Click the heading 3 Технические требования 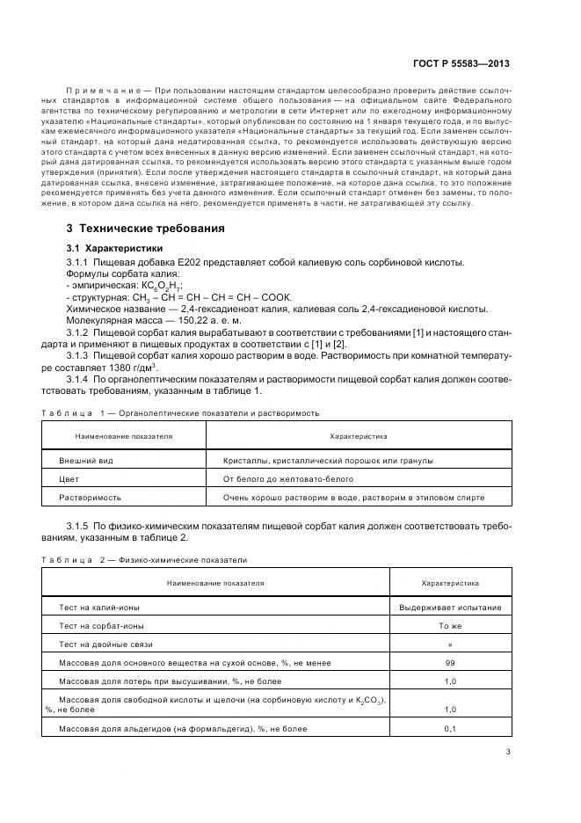click(x=139, y=229)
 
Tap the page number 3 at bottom click(x=508, y=751)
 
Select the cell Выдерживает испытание click(x=450, y=608)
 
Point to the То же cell click(x=450, y=626)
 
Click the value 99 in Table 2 click(x=450, y=663)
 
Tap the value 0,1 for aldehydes click(x=450, y=729)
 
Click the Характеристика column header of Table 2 click(x=450, y=582)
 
